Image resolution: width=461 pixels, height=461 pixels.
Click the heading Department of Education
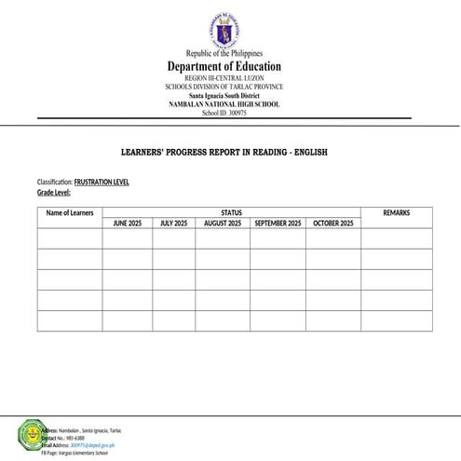point(224,67)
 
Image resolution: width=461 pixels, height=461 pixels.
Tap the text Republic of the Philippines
point(224,54)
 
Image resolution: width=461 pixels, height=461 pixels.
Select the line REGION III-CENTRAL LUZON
point(224,79)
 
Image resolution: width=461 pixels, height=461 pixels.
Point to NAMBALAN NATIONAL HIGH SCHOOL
point(224,103)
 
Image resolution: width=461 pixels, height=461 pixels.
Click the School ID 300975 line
point(224,112)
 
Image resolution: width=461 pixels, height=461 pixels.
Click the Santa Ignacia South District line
point(224,96)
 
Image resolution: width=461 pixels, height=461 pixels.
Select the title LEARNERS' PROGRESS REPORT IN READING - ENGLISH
point(224,152)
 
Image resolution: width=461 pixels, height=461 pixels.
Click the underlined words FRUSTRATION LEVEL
point(102,182)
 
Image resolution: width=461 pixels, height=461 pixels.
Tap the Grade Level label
point(54,192)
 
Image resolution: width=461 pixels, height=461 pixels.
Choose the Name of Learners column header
point(70,213)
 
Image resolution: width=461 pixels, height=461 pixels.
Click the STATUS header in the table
point(232,213)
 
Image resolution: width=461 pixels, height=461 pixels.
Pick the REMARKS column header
point(396,213)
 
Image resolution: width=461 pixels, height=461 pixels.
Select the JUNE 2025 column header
point(128,224)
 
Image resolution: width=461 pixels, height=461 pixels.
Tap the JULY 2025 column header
point(173,224)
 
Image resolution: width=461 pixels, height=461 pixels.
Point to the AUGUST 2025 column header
point(223,224)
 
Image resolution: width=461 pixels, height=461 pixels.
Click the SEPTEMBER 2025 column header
point(278,224)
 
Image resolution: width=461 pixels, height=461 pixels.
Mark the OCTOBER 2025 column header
point(333,224)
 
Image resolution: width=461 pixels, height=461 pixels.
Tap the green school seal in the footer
point(31,433)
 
